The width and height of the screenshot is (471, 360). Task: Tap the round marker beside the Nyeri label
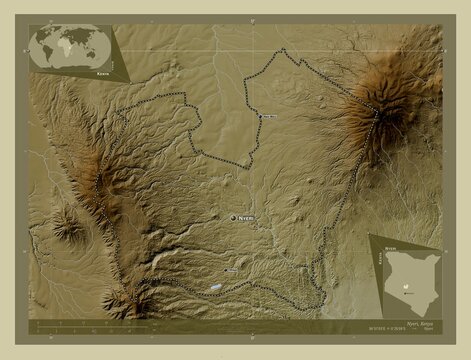coord(234,217)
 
